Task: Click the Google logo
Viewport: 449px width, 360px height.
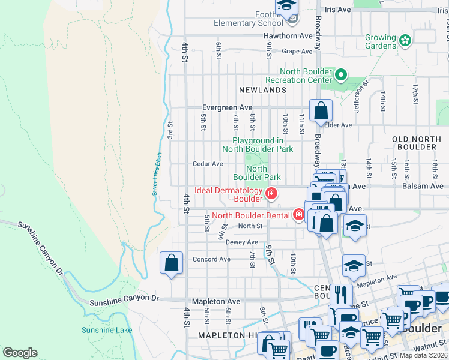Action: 20,353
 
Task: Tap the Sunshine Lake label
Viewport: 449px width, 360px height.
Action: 107,330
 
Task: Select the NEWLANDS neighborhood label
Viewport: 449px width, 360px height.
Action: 262,89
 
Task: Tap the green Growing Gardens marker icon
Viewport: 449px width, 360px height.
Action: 405,41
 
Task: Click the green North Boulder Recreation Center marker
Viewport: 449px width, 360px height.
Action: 341,76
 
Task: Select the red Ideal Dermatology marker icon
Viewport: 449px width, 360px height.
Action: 271,193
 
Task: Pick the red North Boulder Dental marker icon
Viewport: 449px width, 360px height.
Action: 299,214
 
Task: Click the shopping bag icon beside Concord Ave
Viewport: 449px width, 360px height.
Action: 172,263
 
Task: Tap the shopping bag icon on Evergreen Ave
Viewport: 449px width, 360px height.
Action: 321,110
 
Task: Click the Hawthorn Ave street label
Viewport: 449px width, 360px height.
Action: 288,36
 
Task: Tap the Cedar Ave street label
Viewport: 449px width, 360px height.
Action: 208,164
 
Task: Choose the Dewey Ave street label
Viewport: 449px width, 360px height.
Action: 241,242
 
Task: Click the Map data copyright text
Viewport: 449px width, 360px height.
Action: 423,355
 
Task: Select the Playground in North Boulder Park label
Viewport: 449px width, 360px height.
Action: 258,145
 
